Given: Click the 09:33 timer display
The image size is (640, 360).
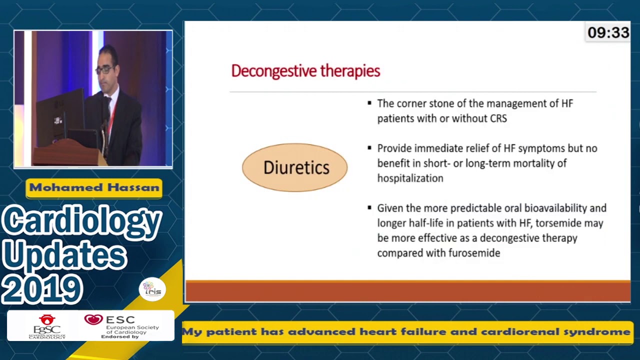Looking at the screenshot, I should click(608, 33).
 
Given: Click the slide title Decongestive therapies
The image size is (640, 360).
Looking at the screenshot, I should click(305, 71).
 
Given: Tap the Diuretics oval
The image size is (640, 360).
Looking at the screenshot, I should click(295, 167).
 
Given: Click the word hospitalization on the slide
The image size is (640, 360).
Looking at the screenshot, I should click(410, 178).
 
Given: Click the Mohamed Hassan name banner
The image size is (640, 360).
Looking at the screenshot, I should click(94, 188).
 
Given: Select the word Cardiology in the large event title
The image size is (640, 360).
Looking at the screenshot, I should click(81, 221).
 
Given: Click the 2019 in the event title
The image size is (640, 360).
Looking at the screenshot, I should click(42, 289).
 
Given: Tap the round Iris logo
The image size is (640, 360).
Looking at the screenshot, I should click(152, 289).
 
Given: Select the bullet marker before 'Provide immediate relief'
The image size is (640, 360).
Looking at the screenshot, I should click(369, 148).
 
